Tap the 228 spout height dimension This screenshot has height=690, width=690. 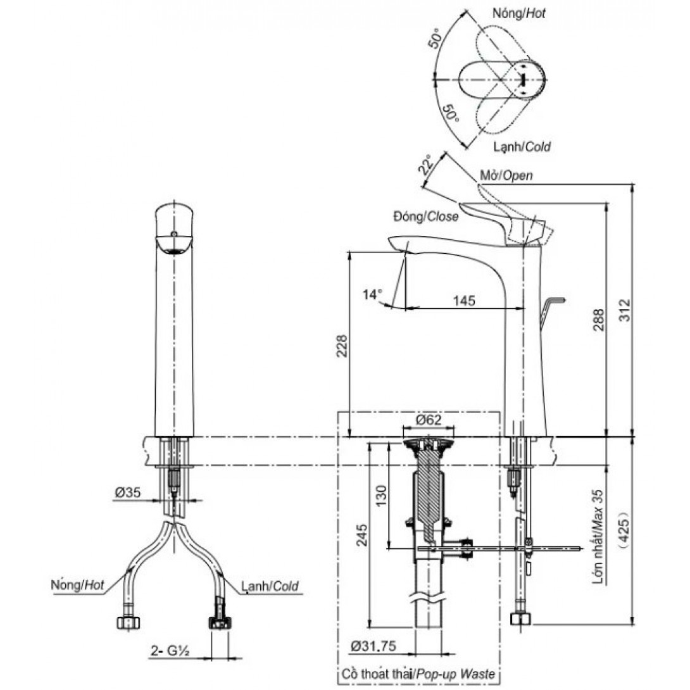pos(341,345)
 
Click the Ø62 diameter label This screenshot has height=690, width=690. pos(429,420)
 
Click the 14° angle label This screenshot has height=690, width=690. pos(373,294)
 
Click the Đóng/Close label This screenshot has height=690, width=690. pos(425,216)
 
